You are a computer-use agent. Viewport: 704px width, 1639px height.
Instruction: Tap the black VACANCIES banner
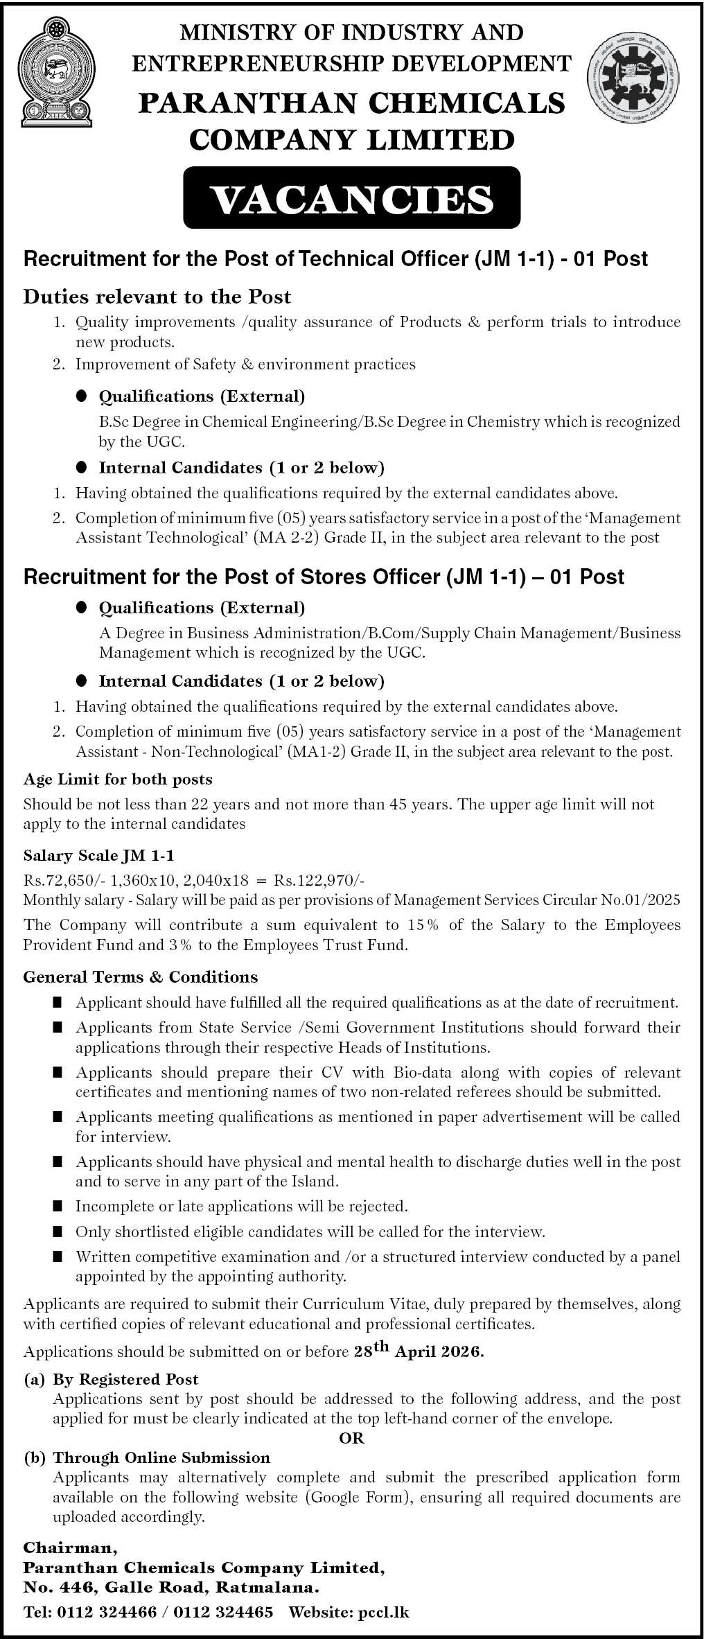(351, 198)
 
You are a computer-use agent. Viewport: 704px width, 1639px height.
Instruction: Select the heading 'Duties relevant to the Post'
(157, 297)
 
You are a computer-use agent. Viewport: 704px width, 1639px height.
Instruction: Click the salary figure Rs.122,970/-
(319, 880)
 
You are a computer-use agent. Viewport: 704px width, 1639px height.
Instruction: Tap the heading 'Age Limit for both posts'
(118, 779)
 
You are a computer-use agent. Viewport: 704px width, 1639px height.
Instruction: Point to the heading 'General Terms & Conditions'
(141, 976)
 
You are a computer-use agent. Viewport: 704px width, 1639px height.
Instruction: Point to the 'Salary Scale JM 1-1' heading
(99, 857)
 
